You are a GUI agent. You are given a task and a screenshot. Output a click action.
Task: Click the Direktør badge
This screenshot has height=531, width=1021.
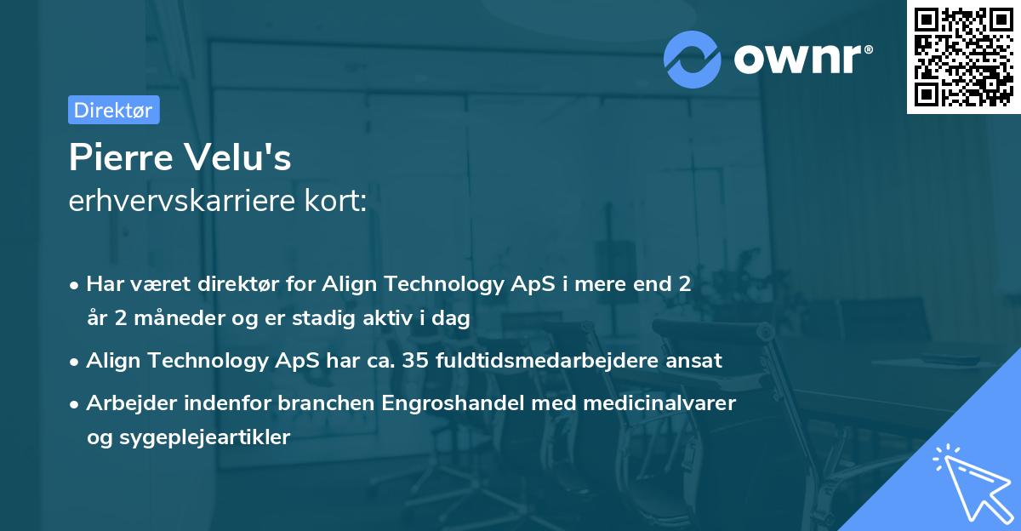[x=113, y=110]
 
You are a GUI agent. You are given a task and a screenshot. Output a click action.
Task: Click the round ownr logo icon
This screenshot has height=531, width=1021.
[x=693, y=59]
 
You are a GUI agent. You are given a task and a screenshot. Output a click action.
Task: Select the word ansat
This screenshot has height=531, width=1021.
[x=696, y=360]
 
